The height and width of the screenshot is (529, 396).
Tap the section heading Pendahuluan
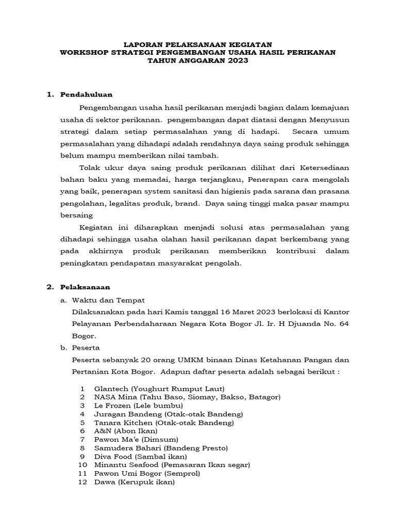86,95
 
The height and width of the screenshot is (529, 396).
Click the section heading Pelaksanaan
85,287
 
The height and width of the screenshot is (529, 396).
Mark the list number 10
82,465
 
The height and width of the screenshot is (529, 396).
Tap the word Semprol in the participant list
181,473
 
